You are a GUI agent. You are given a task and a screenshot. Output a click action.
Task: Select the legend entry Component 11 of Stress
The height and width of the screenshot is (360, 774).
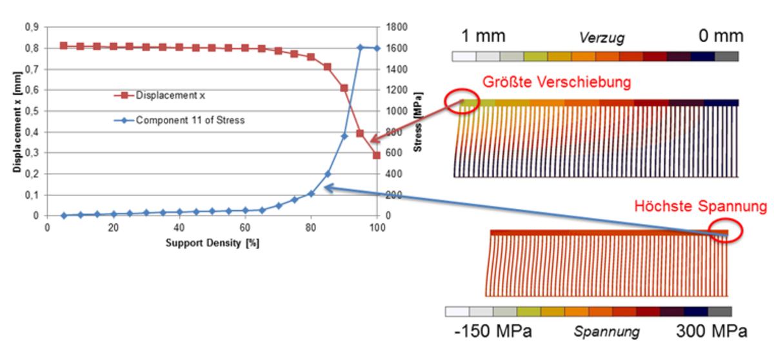(x=190, y=120)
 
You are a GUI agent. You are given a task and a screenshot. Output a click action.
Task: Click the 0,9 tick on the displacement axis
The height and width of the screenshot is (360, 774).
(x=31, y=27)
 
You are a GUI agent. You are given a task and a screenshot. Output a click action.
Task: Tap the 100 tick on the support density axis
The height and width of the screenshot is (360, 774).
(x=377, y=227)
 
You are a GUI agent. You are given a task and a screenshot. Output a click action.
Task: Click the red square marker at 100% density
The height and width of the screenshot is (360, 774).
(x=377, y=155)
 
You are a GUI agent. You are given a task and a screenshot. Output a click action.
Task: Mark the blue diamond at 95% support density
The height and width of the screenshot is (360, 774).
(x=361, y=48)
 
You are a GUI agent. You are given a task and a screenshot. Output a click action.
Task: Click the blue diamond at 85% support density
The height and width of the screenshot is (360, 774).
(x=328, y=174)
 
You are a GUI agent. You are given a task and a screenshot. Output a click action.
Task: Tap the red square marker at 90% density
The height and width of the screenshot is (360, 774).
(x=344, y=88)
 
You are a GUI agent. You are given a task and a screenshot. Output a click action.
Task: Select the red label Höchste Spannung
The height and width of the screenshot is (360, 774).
(x=699, y=207)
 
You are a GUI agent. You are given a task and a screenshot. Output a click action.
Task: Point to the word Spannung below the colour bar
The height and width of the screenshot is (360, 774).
(x=606, y=332)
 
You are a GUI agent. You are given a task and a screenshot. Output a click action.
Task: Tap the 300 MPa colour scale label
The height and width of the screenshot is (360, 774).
(x=711, y=332)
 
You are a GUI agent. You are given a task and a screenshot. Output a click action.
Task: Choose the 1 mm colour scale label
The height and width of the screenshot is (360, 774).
(x=484, y=36)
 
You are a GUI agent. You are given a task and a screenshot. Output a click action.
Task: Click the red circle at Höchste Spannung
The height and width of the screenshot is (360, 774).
(x=726, y=228)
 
